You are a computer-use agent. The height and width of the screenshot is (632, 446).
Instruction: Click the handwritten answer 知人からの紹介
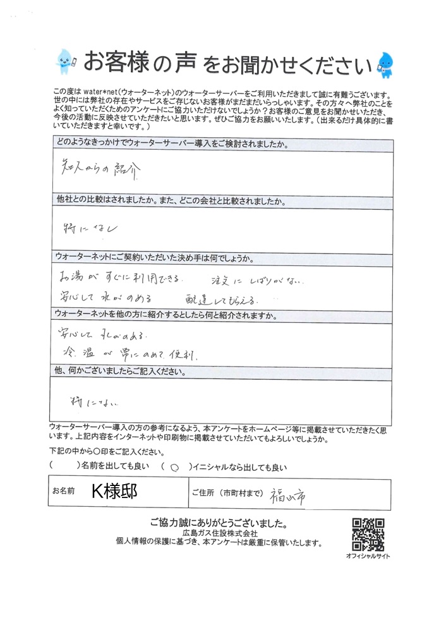click(x=95, y=170)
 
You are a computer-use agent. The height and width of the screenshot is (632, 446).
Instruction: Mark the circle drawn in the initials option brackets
click(x=174, y=468)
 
